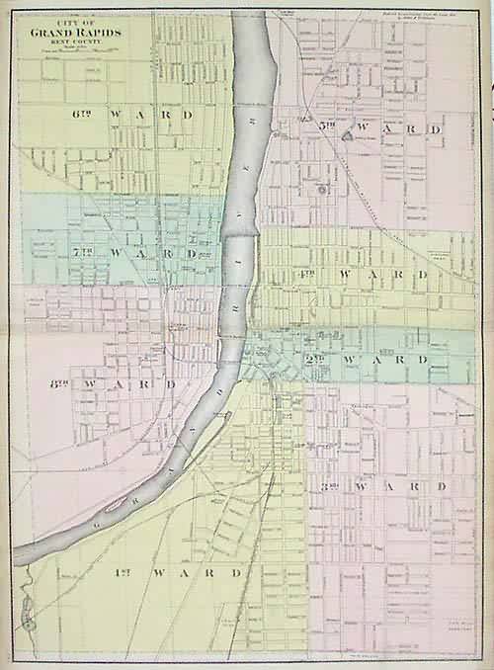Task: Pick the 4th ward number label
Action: pos(307,272)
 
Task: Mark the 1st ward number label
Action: pos(129,572)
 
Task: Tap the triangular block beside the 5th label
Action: pos(348,136)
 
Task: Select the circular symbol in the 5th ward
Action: pos(321,187)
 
